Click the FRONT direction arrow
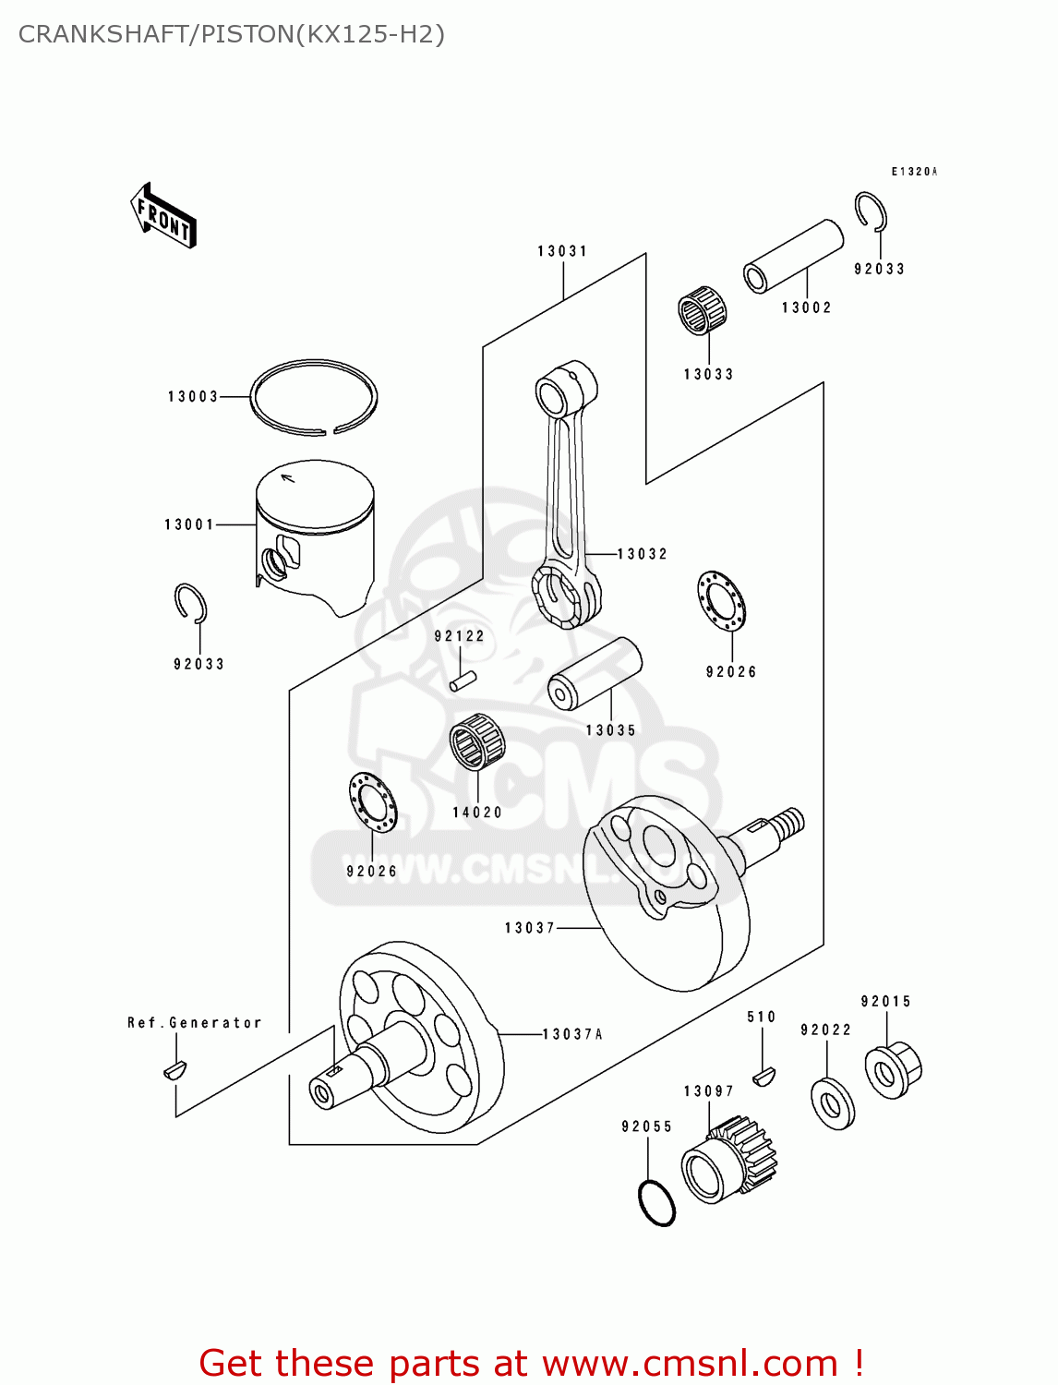pyautogui.click(x=162, y=215)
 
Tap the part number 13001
pyautogui.click(x=189, y=524)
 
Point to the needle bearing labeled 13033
pyautogui.click(x=702, y=310)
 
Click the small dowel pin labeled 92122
pyautogui.click(x=463, y=681)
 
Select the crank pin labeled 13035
pyautogui.click(x=594, y=672)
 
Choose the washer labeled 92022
pyautogui.click(x=833, y=1104)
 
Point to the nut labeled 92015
pyautogui.click(x=893, y=1070)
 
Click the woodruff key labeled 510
pyautogui.click(x=764, y=1077)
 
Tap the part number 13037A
pyautogui.click(x=572, y=1033)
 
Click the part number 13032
pyautogui.click(x=642, y=553)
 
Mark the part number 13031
pyautogui.click(x=562, y=250)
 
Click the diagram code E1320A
pyautogui.click(x=914, y=171)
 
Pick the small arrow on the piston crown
pyautogui.click(x=287, y=477)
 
